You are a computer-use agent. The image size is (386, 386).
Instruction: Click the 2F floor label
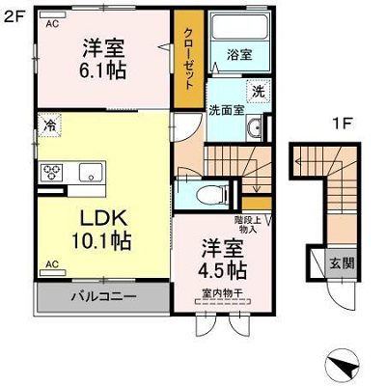[14, 16]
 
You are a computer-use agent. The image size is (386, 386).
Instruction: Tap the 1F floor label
[343, 124]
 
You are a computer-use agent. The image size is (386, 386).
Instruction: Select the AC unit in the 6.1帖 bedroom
[53, 14]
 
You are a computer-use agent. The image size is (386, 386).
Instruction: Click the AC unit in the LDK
[53, 273]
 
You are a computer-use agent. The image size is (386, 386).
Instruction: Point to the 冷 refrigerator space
[50, 125]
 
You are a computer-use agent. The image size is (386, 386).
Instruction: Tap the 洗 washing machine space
[259, 92]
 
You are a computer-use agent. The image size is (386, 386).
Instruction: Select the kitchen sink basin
[92, 172]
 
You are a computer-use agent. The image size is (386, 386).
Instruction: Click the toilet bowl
[210, 195]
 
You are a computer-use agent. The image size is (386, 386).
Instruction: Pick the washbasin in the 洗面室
[255, 128]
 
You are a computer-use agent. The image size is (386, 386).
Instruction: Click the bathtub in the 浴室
[239, 27]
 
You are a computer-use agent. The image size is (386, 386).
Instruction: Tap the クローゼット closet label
[188, 59]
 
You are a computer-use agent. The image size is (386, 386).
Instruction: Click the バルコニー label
[101, 296]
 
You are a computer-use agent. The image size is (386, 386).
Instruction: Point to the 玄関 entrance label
[342, 263]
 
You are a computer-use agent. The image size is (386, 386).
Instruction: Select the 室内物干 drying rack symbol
[222, 302]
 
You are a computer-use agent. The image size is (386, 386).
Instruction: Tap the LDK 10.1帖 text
[101, 230]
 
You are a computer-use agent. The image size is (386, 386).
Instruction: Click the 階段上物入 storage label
[248, 225]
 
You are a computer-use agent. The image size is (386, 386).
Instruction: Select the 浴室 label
[239, 55]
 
